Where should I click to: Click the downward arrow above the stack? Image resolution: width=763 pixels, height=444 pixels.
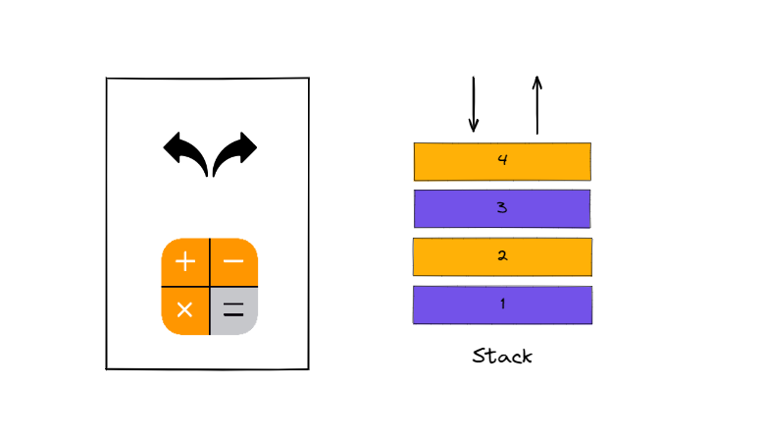pos(473,104)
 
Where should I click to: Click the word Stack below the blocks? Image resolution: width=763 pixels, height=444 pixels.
pos(502,356)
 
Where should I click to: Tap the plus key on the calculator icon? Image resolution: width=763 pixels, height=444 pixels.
pos(185,261)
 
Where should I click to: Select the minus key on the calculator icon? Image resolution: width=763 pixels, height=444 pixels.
pos(233,261)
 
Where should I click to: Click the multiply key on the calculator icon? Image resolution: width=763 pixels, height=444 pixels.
pos(185,310)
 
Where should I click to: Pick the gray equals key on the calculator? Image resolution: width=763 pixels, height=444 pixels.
pos(233,310)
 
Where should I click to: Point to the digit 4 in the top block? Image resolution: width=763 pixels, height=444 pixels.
pos(502,160)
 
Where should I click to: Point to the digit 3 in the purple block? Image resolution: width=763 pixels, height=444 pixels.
pos(502,208)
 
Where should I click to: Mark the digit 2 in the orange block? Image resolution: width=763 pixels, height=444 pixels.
pos(502,256)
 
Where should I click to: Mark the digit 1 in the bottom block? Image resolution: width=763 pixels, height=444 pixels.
pos(502,305)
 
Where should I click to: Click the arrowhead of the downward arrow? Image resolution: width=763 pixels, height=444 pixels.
pos(473,126)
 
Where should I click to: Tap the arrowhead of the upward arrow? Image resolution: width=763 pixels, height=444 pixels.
pos(537,83)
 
